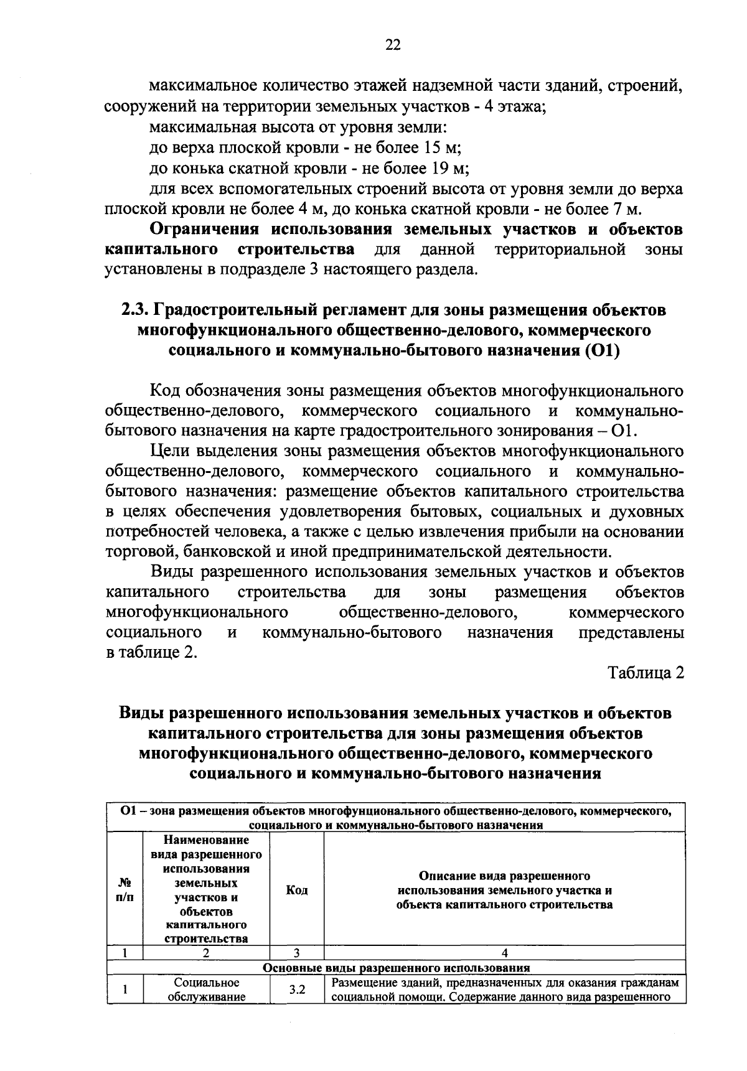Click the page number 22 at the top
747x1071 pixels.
pos(393,44)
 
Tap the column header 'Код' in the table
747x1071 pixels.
pos(296,891)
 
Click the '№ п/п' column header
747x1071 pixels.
pos(125,891)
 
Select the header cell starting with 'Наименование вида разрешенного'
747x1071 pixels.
pos(206,890)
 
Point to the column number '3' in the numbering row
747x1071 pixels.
pos(296,952)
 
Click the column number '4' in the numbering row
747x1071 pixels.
pos(504,952)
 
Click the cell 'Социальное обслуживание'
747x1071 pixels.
pos(206,989)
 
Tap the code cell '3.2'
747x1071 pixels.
pos(296,989)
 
